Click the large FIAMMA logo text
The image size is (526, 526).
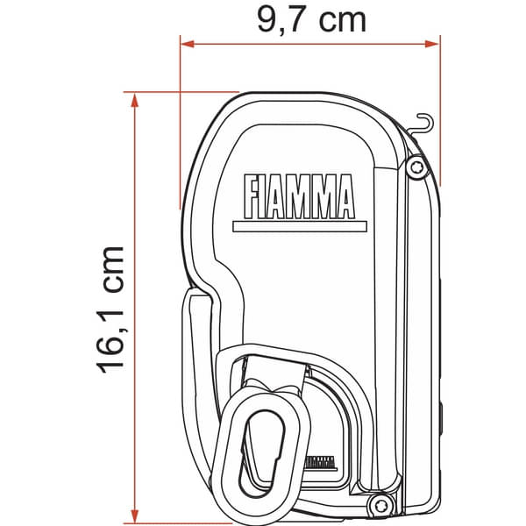298,196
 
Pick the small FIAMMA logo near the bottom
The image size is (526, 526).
321,462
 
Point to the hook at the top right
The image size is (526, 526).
423,123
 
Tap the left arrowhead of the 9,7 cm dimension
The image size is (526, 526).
186,41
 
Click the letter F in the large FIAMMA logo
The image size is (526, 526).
252,196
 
